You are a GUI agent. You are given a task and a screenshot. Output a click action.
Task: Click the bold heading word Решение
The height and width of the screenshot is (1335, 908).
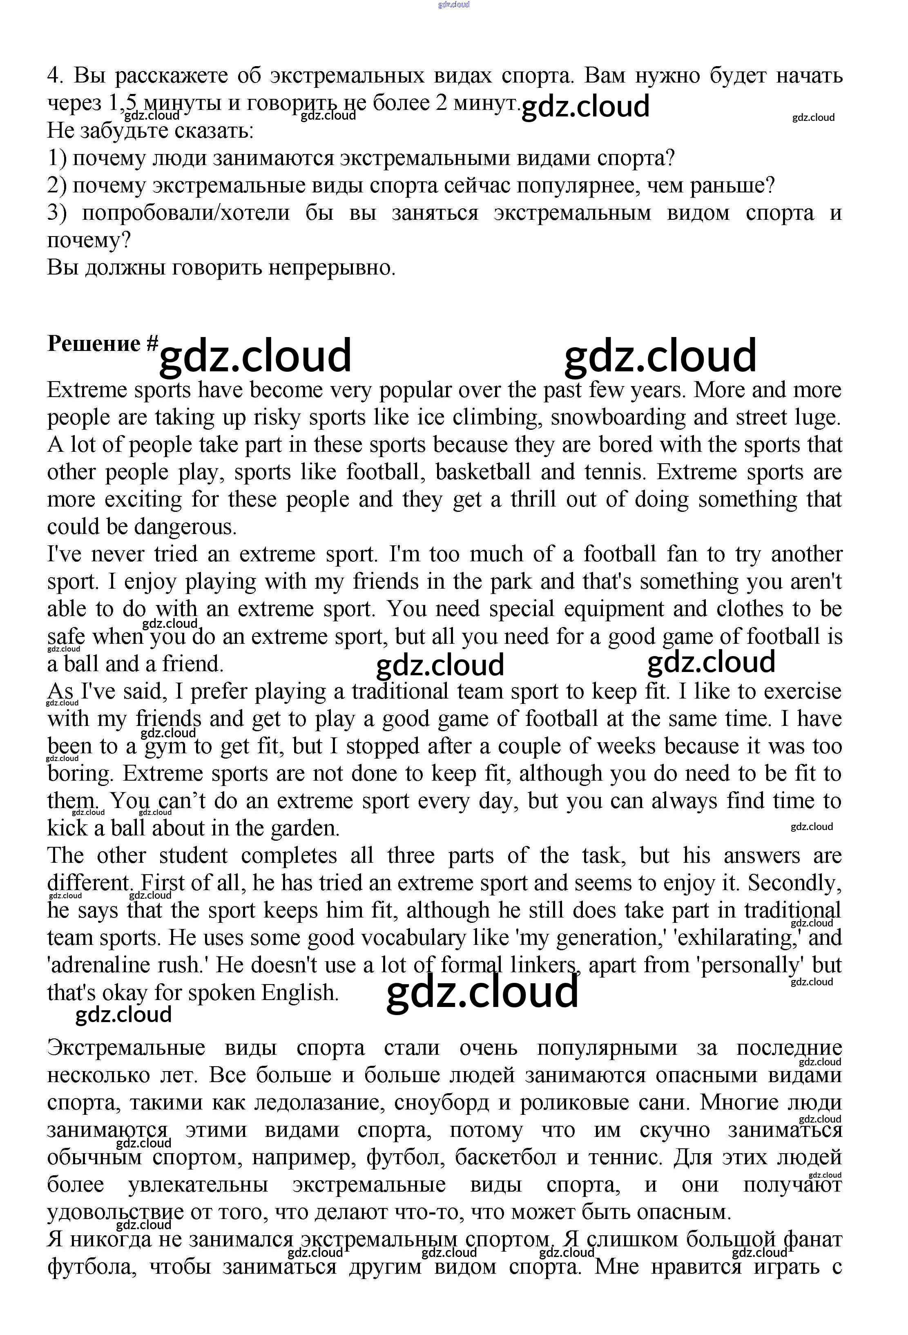94,344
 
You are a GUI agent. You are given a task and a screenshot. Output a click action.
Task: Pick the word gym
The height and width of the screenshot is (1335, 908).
165,747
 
